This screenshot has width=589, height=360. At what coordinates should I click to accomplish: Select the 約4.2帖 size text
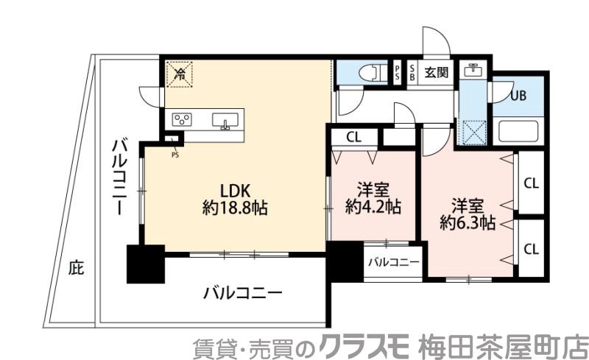coord(373,207)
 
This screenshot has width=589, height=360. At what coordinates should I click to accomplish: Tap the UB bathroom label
coord(519,94)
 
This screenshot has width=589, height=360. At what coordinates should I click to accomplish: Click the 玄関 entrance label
coord(436,72)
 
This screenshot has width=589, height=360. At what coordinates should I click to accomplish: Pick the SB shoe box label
coord(412,72)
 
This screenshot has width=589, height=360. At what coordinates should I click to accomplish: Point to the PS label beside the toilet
coord(397,72)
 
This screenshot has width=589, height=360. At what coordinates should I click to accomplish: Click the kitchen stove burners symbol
coord(182,119)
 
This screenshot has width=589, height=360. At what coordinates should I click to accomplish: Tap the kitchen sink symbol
coord(225,120)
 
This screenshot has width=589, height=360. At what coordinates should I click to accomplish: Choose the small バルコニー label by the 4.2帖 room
coord(393,262)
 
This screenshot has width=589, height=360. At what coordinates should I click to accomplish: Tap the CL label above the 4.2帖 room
coord(353,136)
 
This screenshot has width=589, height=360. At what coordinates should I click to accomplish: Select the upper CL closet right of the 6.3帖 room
coord(530,183)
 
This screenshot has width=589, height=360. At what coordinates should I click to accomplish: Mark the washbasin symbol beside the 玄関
coord(472,71)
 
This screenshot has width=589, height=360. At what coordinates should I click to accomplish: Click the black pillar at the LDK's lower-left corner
coord(145,264)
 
